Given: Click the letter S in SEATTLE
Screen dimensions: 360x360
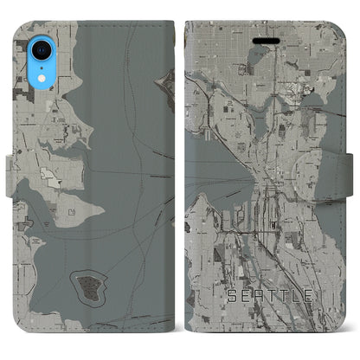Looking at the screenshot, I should (232, 296).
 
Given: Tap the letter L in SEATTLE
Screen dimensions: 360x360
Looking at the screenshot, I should (293, 296).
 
